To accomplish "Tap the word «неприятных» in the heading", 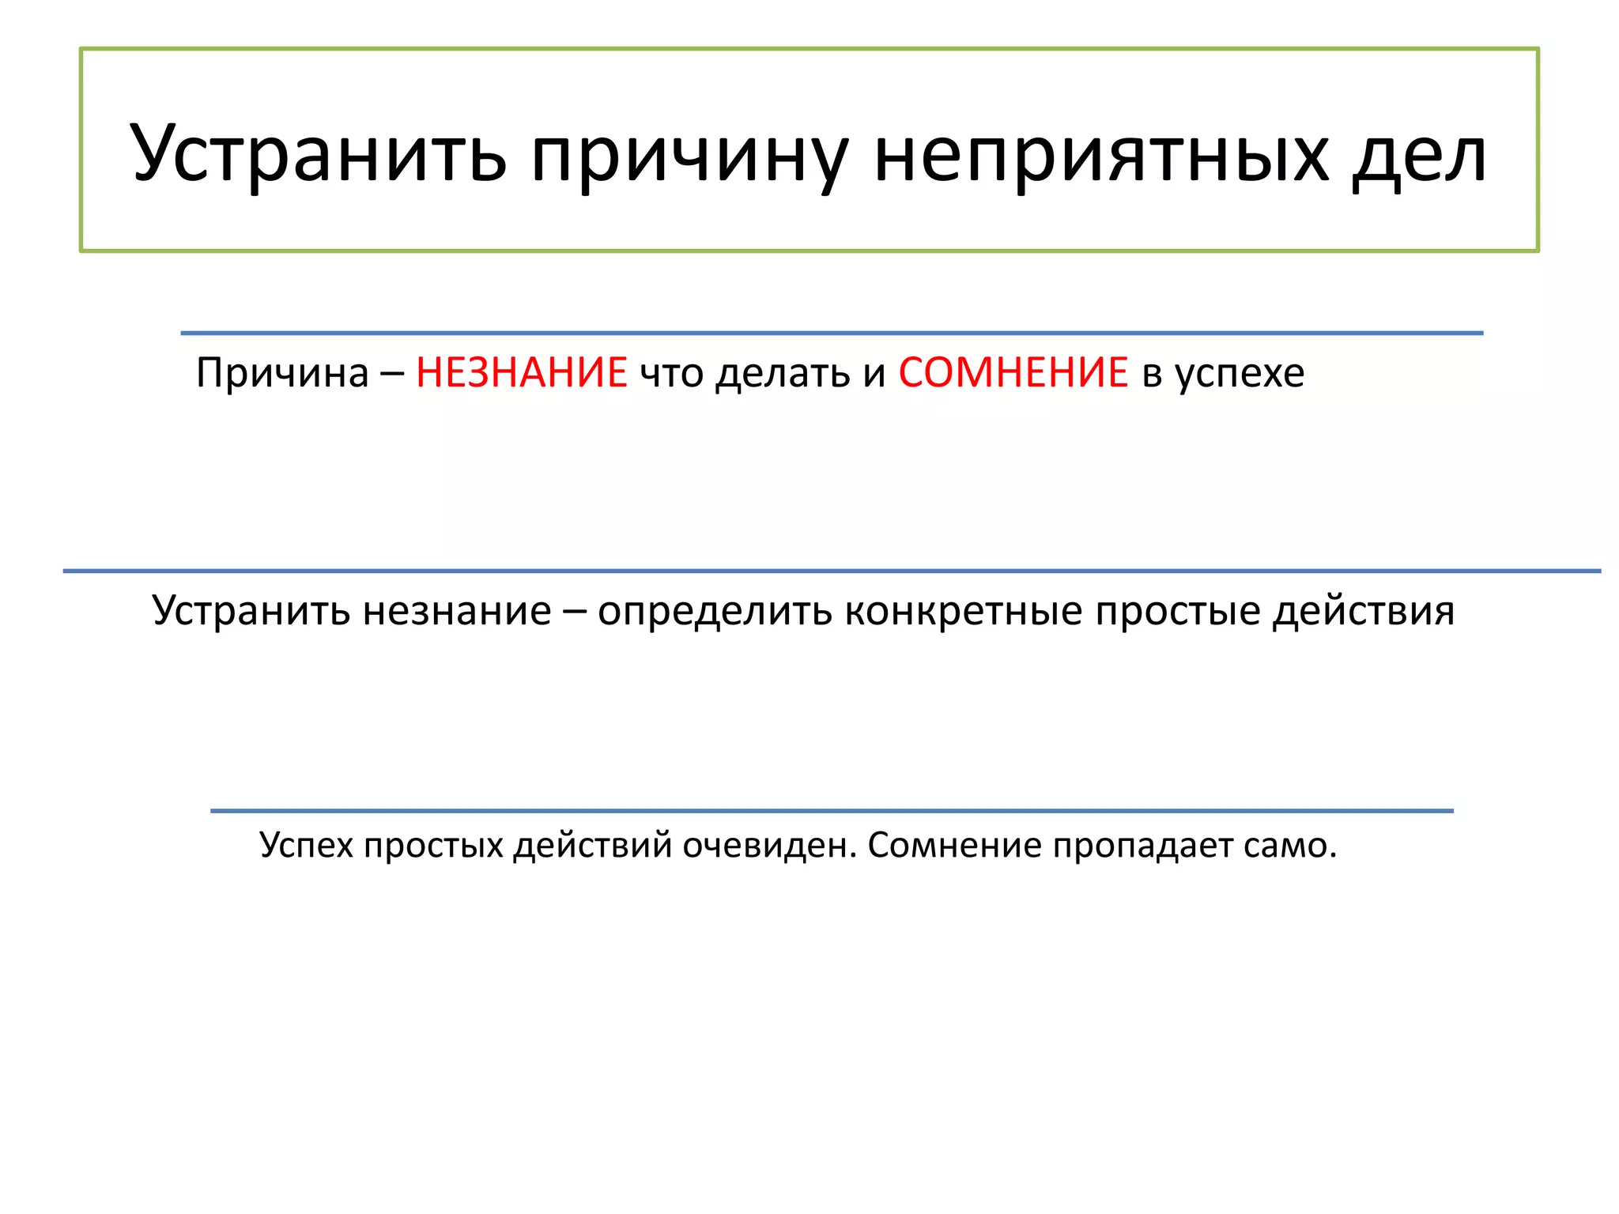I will point(1102,155).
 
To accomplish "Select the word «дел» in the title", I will point(1419,155).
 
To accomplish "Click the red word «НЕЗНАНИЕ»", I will point(522,372).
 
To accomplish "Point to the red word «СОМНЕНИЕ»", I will point(1013,372).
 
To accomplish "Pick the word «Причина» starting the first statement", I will point(282,372).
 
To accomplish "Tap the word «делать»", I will point(782,374).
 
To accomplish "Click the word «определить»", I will point(715,612).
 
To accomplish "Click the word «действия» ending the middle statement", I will point(1364,612).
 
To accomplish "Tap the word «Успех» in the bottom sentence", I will point(306,846).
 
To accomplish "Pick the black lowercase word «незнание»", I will point(457,612).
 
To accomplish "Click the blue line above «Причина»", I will point(832,334).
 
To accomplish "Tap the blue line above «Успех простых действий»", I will point(832,811).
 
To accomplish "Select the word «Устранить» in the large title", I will point(318,155).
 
